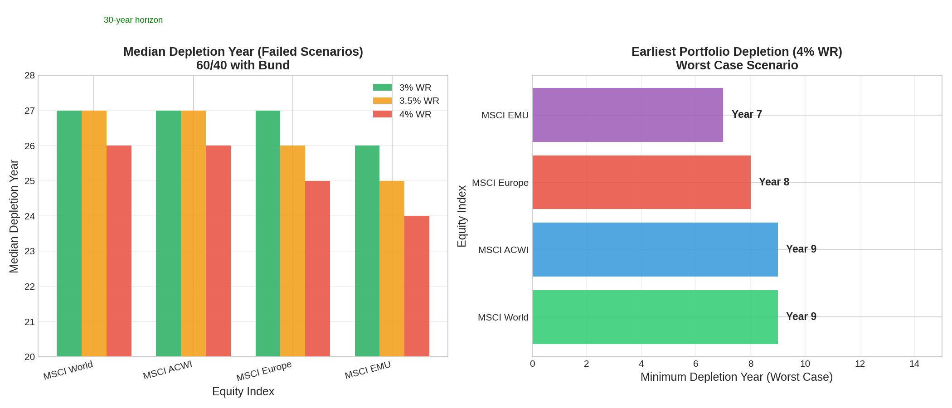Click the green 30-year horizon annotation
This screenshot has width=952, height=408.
tap(133, 20)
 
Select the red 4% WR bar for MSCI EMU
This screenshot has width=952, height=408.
tap(417, 286)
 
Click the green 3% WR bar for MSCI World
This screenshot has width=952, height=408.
tap(69, 233)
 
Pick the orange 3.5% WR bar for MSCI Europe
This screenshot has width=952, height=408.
tap(292, 251)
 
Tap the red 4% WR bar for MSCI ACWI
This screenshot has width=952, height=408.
tap(218, 251)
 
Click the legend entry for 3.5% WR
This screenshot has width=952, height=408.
tap(419, 101)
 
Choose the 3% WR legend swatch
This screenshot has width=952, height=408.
tap(382, 87)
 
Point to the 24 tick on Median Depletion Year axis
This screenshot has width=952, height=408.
tap(29, 216)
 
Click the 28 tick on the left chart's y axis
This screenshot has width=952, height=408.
tap(29, 76)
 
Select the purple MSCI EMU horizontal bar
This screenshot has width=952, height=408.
tap(627, 115)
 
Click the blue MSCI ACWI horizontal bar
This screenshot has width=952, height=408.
tap(655, 249)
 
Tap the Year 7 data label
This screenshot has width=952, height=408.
tap(747, 114)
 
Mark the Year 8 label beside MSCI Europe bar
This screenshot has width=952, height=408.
tap(774, 182)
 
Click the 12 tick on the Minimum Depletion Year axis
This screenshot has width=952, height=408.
tap(860, 364)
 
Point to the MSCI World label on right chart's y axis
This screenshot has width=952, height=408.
tap(503, 317)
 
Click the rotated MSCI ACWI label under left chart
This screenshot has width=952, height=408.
tap(167, 370)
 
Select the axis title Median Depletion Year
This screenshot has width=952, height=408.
tap(14, 216)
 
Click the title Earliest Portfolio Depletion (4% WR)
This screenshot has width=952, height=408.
tap(736, 52)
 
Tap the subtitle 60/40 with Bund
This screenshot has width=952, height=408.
tap(243, 65)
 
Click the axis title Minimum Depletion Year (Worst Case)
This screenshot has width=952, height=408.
tap(736, 377)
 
